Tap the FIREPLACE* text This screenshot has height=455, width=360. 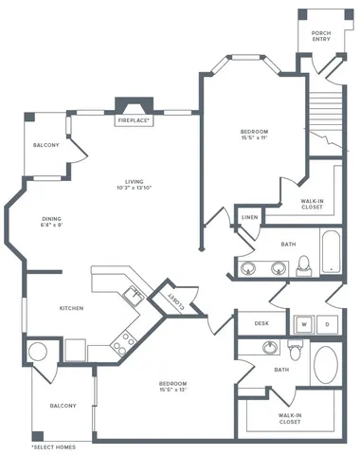pyautogui.click(x=135, y=121)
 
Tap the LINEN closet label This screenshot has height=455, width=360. pyautogui.click(x=249, y=217)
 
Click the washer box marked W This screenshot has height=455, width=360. pyautogui.click(x=305, y=323)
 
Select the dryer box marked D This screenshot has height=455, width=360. pyautogui.click(x=327, y=323)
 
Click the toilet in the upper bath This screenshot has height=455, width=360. pyautogui.click(x=304, y=264)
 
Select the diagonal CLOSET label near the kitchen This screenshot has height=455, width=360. pyautogui.click(x=175, y=300)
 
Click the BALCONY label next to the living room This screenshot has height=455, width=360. pyautogui.click(x=46, y=145)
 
